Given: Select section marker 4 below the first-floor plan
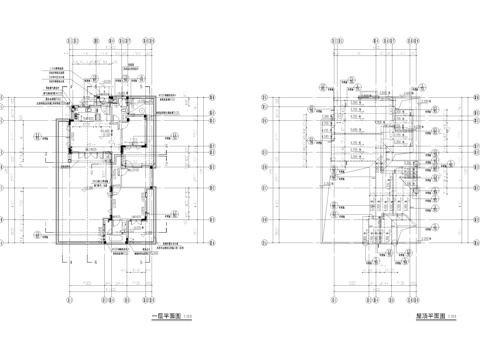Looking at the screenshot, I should click(71, 263).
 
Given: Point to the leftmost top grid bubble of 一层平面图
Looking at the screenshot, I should click(67, 41).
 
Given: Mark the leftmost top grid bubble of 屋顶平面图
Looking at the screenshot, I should click(329, 41).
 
